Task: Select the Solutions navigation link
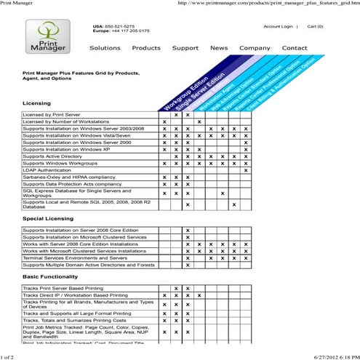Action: (x=105, y=48)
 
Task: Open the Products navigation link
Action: (x=146, y=48)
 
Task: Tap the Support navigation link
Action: (x=185, y=48)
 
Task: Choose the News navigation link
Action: (x=219, y=48)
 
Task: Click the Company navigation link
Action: (x=255, y=48)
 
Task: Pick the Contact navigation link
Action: (x=295, y=48)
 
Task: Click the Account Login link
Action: (x=278, y=26)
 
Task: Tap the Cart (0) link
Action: (x=316, y=26)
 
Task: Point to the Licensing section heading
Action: (x=37, y=103)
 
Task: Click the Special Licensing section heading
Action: (x=47, y=217)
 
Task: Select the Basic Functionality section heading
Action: (x=50, y=277)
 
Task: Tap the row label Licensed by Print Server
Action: (x=53, y=115)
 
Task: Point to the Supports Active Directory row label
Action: (x=52, y=156)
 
